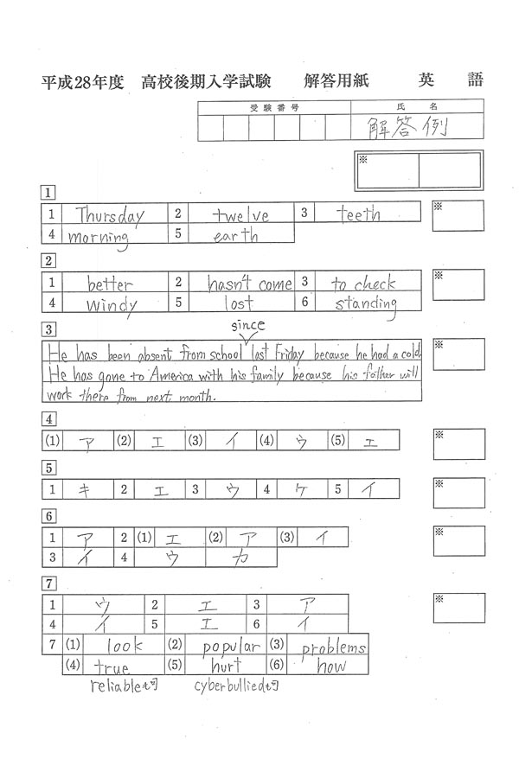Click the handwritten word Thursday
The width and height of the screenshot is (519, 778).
[109, 214]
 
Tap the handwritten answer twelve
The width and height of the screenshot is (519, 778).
[241, 214]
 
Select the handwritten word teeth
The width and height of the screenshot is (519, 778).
[359, 214]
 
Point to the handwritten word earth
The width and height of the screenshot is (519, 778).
[235, 235]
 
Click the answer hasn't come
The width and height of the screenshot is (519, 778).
[249, 284]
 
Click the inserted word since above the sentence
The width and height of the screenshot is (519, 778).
[247, 325]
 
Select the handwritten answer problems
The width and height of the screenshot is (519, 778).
[334, 647]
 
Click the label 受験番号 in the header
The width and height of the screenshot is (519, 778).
[274, 107]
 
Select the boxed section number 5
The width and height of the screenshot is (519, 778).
[49, 468]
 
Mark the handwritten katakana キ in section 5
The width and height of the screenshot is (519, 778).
[85, 489]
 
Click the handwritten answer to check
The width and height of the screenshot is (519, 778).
[363, 284]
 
